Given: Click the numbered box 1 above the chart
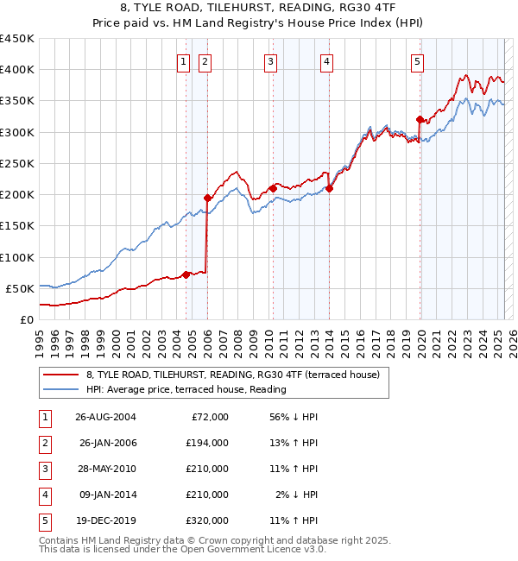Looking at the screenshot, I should coord(185,61).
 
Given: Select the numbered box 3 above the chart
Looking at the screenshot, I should coord(270,61).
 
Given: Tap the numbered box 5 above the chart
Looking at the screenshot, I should coord(417,61).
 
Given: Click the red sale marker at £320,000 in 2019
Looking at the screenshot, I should coord(420,119).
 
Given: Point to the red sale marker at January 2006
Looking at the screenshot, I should coord(207,198).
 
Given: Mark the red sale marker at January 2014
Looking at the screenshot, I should coord(329,188).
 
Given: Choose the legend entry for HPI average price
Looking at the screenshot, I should coord(186,389).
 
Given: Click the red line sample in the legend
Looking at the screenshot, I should coord(60,375).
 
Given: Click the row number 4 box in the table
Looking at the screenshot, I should coord(45,495).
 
